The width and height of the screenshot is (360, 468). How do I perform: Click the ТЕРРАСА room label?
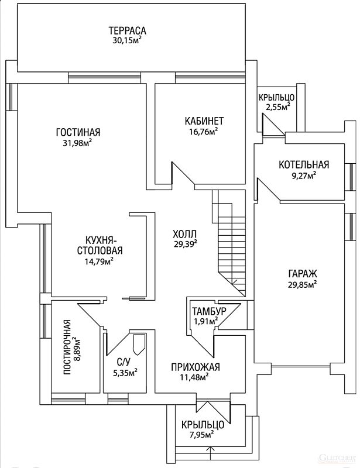[126, 31]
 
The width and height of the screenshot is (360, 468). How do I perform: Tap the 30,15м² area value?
[126, 41]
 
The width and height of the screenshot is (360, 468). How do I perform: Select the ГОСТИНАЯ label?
[78, 132]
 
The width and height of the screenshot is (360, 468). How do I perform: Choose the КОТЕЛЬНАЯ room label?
[304, 165]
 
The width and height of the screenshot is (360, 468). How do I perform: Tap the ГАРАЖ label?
[302, 274]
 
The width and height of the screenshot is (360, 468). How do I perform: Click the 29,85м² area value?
[302, 284]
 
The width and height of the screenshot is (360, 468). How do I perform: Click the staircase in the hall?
[229, 240]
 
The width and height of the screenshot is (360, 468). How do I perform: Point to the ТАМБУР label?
[208, 310]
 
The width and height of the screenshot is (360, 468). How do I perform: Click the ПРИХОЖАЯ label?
[196, 367]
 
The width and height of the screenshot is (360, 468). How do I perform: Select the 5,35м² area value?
[125, 371]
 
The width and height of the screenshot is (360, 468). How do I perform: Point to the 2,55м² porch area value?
[278, 107]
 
